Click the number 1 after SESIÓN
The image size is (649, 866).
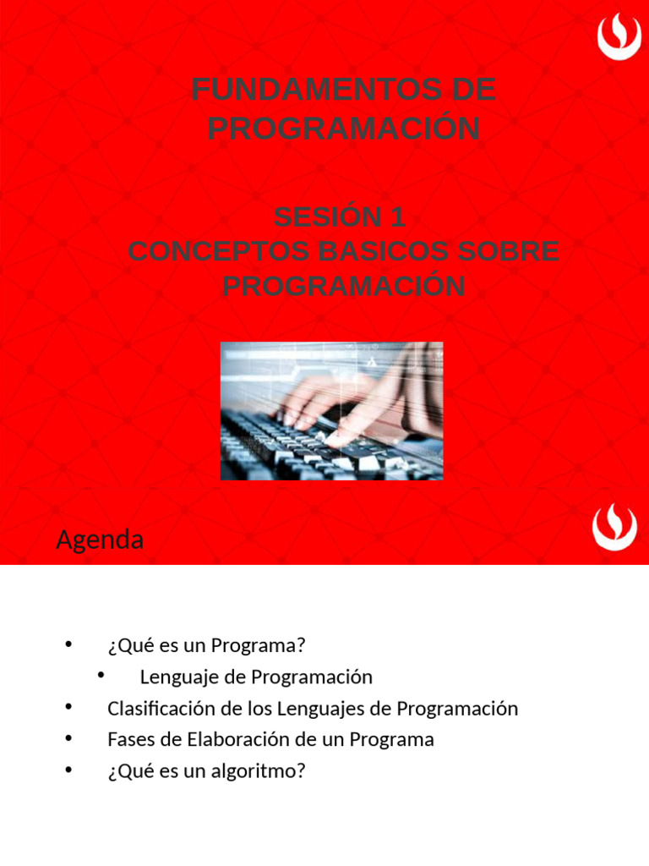pyautogui.click(x=398, y=217)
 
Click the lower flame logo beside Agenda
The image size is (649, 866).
pyautogui.click(x=615, y=528)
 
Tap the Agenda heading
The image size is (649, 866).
pyautogui.click(x=100, y=540)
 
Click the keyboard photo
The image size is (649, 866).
pyautogui.click(x=331, y=411)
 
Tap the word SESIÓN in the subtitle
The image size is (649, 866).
pyautogui.click(x=327, y=217)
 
